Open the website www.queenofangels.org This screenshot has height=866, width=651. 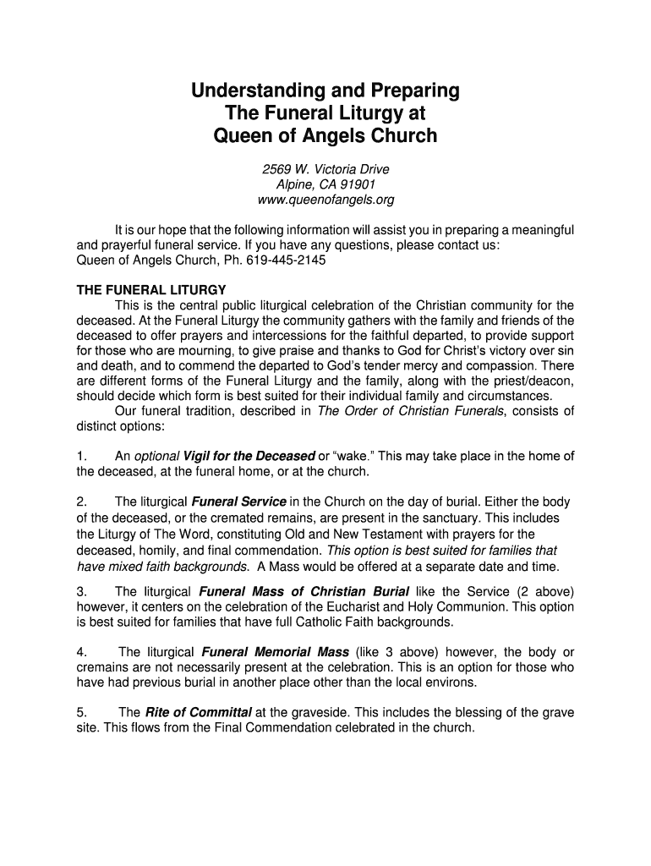pos(325,200)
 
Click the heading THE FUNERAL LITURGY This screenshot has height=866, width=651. pos(151,290)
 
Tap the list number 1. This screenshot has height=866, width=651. pos(81,457)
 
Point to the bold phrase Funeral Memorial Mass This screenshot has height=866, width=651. pos(275,652)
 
